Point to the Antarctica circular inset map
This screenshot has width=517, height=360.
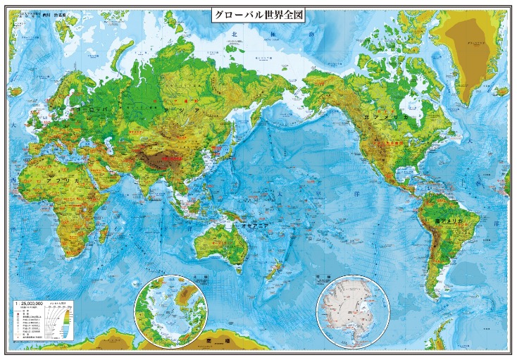pos(352,311)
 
